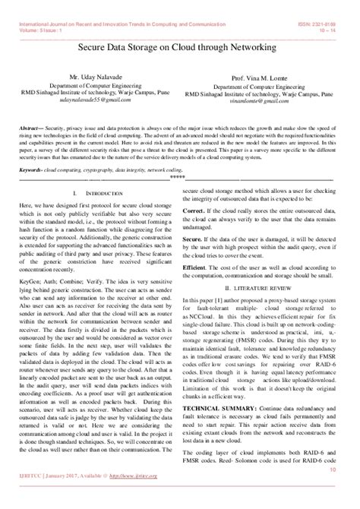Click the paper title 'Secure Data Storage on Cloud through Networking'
(x=180, y=46)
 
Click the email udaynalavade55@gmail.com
(x=90, y=99)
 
